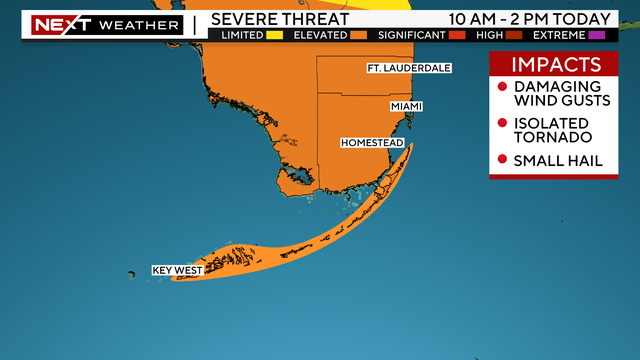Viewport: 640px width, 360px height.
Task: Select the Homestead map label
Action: tap(372, 143)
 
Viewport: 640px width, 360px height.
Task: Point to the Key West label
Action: tap(176, 270)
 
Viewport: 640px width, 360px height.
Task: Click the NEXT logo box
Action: tap(57, 24)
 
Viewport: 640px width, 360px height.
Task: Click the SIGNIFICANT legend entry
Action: tap(410, 36)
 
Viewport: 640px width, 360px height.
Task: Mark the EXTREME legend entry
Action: tap(560, 36)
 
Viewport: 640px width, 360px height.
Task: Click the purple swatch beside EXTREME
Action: tap(599, 36)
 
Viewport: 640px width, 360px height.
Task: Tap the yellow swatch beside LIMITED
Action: tap(274, 36)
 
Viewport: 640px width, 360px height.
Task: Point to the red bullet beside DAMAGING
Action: tap(502, 87)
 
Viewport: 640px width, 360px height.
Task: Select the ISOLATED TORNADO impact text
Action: tap(552, 129)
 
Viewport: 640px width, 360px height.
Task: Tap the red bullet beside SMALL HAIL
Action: tap(502, 161)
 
